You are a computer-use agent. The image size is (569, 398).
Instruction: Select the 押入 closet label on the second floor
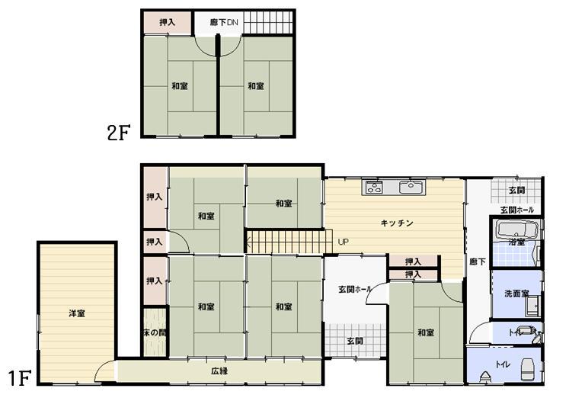click(x=168, y=23)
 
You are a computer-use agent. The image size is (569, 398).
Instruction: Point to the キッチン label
click(x=397, y=223)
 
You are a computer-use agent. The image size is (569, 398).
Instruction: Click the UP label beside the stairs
click(x=343, y=242)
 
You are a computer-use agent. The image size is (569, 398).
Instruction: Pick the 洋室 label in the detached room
click(x=76, y=313)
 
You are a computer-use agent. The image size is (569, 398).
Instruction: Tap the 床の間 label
click(x=154, y=333)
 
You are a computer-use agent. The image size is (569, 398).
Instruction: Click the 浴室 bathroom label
click(x=517, y=242)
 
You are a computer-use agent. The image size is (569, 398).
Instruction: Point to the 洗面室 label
click(x=516, y=293)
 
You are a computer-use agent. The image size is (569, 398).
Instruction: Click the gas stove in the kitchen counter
click(x=374, y=187)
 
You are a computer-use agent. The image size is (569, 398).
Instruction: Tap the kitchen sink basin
click(x=411, y=186)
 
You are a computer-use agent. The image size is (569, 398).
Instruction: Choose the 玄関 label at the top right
click(x=516, y=190)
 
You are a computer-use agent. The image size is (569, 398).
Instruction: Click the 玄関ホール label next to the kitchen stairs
click(x=355, y=289)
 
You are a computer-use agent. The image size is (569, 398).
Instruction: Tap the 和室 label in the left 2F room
click(x=180, y=86)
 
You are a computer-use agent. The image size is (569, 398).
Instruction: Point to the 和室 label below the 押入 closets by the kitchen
click(x=426, y=332)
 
